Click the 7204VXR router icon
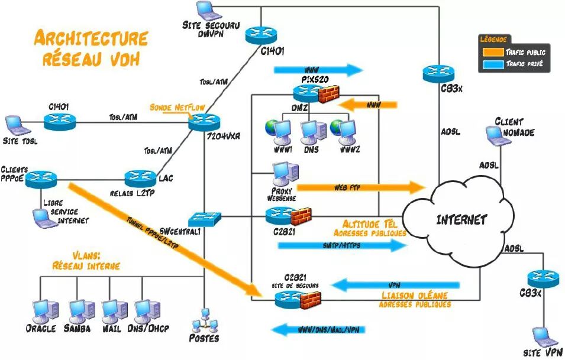(205, 122)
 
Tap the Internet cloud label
(461, 220)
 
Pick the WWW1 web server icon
(278, 131)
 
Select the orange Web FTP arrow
(361, 188)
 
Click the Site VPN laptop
(543, 337)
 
